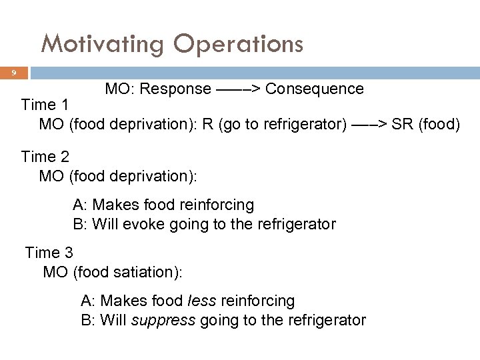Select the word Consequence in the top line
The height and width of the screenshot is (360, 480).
point(315,89)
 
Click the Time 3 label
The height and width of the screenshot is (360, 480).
point(49,253)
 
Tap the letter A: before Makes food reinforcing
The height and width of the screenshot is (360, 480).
point(79,205)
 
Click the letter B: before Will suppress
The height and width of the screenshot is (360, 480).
point(88,320)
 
